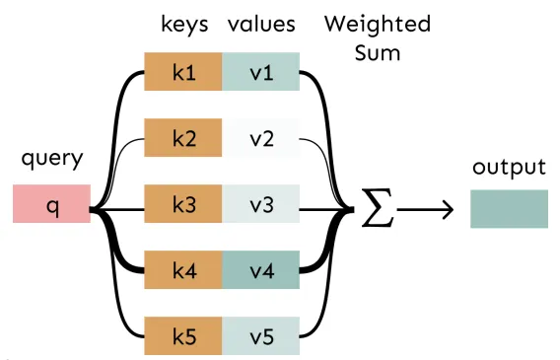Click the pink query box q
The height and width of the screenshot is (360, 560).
pyautogui.click(x=52, y=203)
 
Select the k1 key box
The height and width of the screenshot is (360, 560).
pyautogui.click(x=183, y=71)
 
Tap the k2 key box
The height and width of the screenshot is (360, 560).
pyautogui.click(x=183, y=137)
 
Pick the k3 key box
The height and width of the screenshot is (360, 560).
pyautogui.click(x=183, y=203)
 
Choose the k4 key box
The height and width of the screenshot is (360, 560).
pyautogui.click(x=183, y=269)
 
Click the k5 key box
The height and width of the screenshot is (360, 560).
pyautogui.click(x=183, y=335)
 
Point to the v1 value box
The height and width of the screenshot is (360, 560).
pyautogui.click(x=260, y=71)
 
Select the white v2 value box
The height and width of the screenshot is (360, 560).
pyautogui.click(x=260, y=137)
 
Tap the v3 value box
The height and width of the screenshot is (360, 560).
pyautogui.click(x=260, y=203)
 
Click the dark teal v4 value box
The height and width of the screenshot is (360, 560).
pyautogui.click(x=260, y=269)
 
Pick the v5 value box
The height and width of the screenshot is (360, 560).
pyautogui.click(x=260, y=335)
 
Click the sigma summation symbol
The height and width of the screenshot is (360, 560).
pyautogui.click(x=378, y=208)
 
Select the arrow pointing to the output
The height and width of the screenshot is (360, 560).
pyautogui.click(x=425, y=210)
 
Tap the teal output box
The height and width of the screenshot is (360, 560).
pyautogui.click(x=510, y=209)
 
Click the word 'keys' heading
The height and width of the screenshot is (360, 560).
pyautogui.click(x=184, y=25)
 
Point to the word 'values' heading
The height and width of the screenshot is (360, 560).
pyautogui.click(x=262, y=24)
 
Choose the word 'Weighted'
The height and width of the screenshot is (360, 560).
pyautogui.click(x=378, y=25)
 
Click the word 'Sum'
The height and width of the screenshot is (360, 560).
pyautogui.click(x=378, y=53)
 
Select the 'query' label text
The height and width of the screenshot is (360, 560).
pyautogui.click(x=52, y=159)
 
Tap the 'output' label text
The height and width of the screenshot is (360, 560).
pyautogui.click(x=510, y=167)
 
